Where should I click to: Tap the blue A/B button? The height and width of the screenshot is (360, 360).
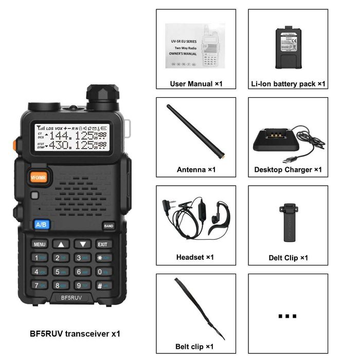[42, 224]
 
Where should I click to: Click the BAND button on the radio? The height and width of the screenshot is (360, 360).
[108, 226]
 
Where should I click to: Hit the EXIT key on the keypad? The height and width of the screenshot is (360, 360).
[103, 244]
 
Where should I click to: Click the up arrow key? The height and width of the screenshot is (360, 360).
[61, 244]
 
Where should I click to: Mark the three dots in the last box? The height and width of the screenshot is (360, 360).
[287, 316]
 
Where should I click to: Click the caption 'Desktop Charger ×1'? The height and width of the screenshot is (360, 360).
[287, 170]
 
